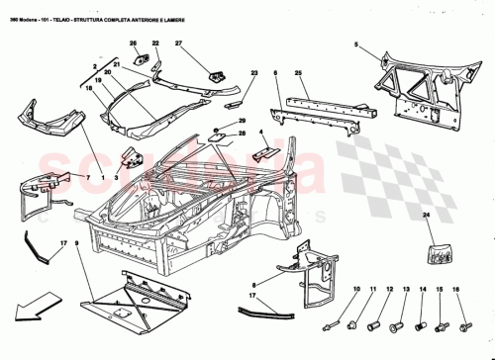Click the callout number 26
[x=133, y=45]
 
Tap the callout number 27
[x=179, y=45]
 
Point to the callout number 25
[x=307, y=73]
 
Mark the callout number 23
[x=254, y=74]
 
